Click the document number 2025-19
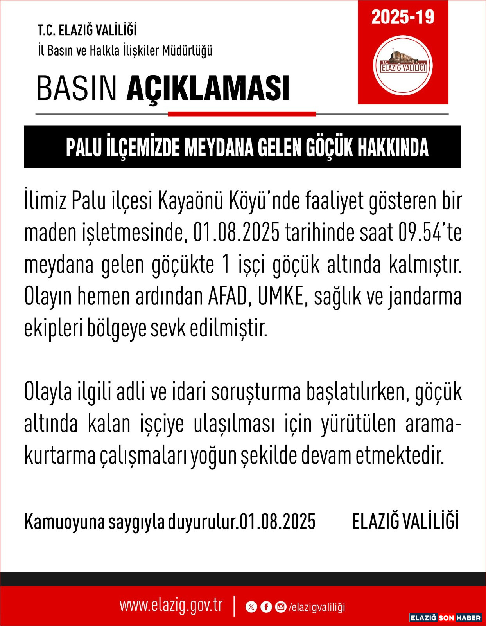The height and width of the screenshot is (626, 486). click(403, 17)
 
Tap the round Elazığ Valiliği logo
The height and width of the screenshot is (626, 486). click(403, 66)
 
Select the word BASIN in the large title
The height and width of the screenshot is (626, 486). click(77, 88)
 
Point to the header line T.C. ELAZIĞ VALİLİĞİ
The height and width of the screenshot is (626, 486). click(87, 30)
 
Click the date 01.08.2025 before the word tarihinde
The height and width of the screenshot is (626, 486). click(236, 233)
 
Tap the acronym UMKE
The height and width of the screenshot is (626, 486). click(281, 296)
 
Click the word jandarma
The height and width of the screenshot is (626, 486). click(425, 297)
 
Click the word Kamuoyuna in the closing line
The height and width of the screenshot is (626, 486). click(65, 522)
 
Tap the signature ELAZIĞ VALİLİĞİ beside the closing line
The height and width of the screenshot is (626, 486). click(405, 522)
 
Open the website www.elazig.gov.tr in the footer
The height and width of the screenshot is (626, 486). click(171, 606)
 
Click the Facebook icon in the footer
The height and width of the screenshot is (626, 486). click(266, 607)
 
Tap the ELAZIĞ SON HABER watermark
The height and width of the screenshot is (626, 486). click(445, 618)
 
